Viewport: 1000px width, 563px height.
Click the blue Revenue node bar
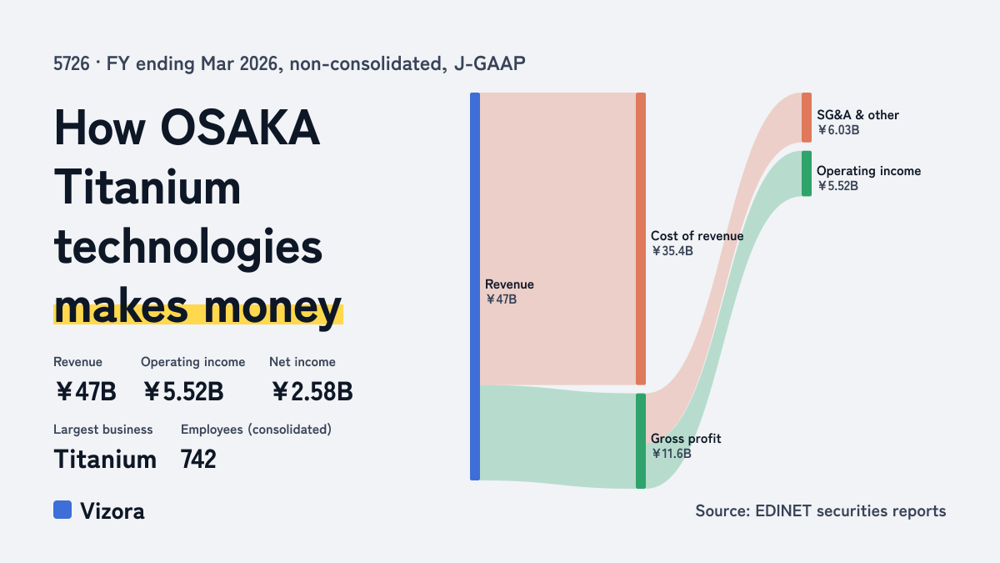click(x=475, y=286)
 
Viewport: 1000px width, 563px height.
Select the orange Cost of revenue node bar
click(x=641, y=239)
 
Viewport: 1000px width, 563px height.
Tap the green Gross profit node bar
click(x=641, y=441)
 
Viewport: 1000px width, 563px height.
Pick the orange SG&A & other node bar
click(x=807, y=118)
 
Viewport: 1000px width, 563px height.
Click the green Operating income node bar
click(x=807, y=173)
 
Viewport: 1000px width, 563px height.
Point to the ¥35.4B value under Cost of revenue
click(x=672, y=251)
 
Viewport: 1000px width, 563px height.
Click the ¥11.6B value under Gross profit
click(x=671, y=454)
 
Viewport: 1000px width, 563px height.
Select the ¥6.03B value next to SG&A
click(x=838, y=130)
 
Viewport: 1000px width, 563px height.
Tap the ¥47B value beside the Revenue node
click(x=501, y=299)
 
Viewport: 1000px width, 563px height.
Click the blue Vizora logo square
click(x=62, y=510)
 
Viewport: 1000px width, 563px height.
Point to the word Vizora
click(x=112, y=511)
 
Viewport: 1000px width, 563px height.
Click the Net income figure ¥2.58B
click(x=312, y=392)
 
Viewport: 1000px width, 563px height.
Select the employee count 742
click(x=198, y=460)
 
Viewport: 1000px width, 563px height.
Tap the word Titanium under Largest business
click(x=105, y=460)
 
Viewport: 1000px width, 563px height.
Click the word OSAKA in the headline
click(x=240, y=128)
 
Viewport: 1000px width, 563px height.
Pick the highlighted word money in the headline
click(x=273, y=308)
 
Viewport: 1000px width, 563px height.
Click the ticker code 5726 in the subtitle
click(x=72, y=64)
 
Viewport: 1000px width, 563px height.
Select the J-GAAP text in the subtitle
click(x=490, y=64)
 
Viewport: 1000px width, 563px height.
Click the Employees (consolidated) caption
click(x=257, y=430)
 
